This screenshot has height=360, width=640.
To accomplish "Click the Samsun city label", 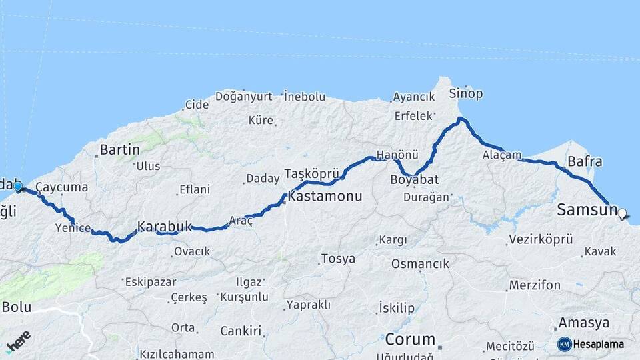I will [x=587, y=211].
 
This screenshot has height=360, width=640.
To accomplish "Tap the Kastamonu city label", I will [x=325, y=197].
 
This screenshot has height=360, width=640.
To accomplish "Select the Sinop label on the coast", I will [x=465, y=93].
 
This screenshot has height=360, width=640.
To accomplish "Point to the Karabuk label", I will [x=165, y=226].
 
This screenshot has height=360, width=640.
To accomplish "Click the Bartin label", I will [x=119, y=149].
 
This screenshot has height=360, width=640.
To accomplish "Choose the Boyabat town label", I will [x=415, y=180].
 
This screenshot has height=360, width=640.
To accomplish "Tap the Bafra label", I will [x=585, y=161].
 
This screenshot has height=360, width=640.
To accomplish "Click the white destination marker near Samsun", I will [x=622, y=214].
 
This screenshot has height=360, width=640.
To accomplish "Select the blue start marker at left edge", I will [x=17, y=187].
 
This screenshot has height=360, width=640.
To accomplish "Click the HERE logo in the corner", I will [x=18, y=342].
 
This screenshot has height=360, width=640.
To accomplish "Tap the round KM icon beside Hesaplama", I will [x=565, y=344].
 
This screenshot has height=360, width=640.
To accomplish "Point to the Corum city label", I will [x=410, y=339].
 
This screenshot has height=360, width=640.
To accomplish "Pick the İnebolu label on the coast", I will [x=305, y=96].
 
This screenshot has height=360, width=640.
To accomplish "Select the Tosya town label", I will [x=338, y=259].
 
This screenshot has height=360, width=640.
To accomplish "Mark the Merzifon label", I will [x=535, y=285].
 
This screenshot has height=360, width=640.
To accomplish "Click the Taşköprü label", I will [x=312, y=173].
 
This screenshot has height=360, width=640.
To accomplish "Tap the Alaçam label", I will [x=502, y=155].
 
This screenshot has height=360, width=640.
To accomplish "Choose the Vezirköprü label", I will [x=541, y=239].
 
